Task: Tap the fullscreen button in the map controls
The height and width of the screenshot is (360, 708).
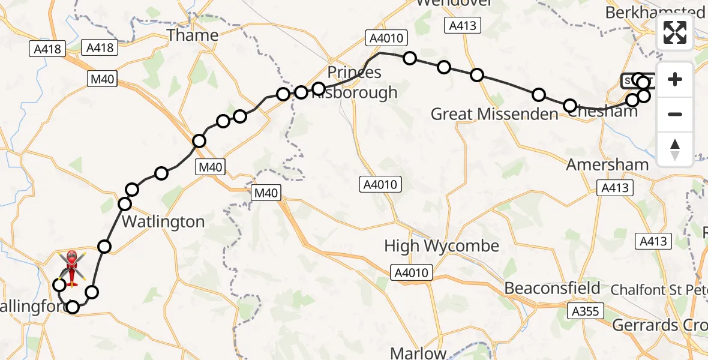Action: pyautogui.click(x=675, y=32)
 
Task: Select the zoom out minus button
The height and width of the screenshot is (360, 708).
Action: pyautogui.click(x=675, y=114)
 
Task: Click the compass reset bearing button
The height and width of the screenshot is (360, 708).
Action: pyautogui.click(x=675, y=149)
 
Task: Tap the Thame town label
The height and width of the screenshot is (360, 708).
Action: pyautogui.click(x=192, y=35)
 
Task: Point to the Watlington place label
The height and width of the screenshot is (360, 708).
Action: pyautogui.click(x=163, y=221)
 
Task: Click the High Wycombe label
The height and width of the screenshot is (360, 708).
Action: pyautogui.click(x=442, y=246)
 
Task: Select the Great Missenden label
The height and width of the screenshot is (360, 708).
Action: pyautogui.click(x=494, y=114)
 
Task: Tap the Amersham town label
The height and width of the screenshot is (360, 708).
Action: pyautogui.click(x=607, y=164)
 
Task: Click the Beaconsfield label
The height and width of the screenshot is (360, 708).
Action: pyautogui.click(x=552, y=288)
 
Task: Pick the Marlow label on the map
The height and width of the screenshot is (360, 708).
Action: pyautogui.click(x=426, y=353)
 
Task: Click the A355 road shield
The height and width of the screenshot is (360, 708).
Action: pyautogui.click(x=586, y=311)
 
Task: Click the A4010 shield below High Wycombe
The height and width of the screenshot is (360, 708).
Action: pyautogui.click(x=412, y=273)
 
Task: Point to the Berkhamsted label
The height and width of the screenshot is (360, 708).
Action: pyautogui.click(x=655, y=12)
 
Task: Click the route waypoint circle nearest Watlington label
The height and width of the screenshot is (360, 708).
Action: pyautogui.click(x=125, y=204)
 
